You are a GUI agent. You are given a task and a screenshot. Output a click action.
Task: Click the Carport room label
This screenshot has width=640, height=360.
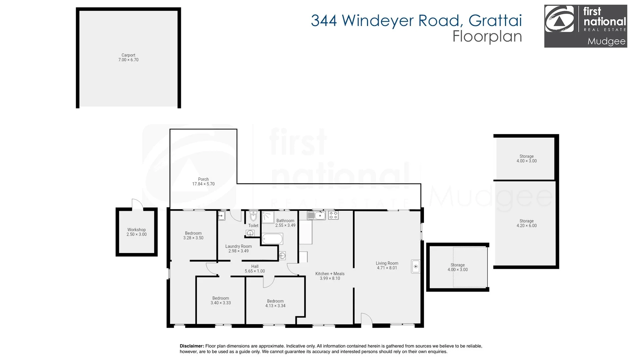128,55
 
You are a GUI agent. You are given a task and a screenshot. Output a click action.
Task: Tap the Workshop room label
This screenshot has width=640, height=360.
136,230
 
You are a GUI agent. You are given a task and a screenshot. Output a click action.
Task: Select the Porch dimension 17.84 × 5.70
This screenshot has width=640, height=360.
203,184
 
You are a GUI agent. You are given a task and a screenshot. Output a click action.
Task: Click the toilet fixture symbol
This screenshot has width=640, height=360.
253,216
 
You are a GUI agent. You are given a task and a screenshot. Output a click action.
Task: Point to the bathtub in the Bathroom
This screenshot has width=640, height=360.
272,239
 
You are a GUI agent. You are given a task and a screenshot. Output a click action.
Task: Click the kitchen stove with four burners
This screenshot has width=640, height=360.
333,215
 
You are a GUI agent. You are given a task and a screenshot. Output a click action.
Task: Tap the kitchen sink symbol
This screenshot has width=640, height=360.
316,215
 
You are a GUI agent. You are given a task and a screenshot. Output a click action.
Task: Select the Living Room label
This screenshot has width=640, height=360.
387,263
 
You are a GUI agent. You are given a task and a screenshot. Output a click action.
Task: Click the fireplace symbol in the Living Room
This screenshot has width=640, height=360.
416,266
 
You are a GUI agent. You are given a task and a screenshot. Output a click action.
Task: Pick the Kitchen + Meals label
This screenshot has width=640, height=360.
330,274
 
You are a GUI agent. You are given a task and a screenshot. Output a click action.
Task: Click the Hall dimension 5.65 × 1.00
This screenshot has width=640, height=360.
255,271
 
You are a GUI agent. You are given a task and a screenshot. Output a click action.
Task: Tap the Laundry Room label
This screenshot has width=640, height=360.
238,246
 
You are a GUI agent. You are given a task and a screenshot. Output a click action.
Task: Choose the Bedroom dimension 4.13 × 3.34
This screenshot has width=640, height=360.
275,306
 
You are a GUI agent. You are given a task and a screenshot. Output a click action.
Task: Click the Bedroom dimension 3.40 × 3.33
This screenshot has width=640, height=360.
221,303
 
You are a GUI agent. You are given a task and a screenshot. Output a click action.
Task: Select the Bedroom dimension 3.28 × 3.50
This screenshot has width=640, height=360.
193,238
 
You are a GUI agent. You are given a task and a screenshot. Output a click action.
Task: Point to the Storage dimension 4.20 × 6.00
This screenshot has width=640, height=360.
527,226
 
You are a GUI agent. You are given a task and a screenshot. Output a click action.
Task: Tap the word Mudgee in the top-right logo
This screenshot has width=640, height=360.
606,42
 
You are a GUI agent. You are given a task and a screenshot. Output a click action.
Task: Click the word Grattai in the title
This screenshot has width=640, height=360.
495,21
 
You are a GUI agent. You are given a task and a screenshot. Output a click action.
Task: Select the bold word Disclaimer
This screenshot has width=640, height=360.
192,346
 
